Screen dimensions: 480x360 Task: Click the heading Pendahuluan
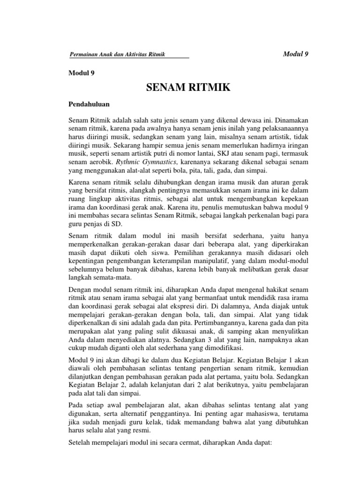click(x=90, y=104)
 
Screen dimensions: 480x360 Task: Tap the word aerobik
click(x=101, y=161)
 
